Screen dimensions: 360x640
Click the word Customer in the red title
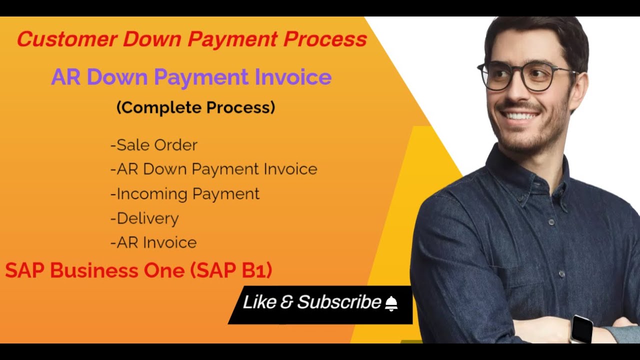(66, 39)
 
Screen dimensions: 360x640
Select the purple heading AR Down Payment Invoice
(191, 77)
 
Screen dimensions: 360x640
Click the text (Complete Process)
(195, 107)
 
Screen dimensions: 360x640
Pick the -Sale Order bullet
(153, 145)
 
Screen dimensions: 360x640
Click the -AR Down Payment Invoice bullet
(213, 169)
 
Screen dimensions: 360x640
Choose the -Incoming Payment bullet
(184, 193)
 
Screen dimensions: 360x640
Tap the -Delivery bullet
(144, 218)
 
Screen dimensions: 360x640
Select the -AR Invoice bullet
(153, 242)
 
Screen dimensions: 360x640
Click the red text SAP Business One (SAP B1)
(138, 270)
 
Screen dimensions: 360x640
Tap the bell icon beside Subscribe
(391, 303)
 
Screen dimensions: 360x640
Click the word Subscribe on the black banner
(339, 302)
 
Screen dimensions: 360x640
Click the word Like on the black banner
(259, 302)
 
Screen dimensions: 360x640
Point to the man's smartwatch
(581, 328)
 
